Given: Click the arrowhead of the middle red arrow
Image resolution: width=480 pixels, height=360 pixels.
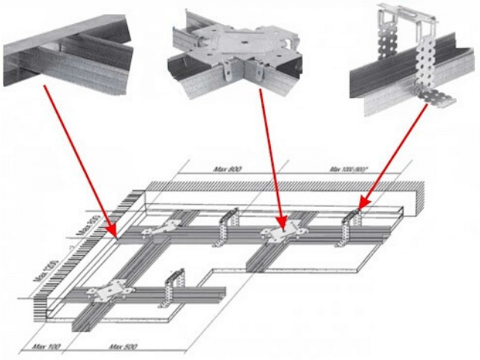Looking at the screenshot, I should coord(283,229).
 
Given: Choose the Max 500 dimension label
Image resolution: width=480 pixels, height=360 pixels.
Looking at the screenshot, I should coord(121,346).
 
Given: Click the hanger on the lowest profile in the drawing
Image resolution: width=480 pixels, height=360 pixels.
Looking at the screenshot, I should coord(173,288).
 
